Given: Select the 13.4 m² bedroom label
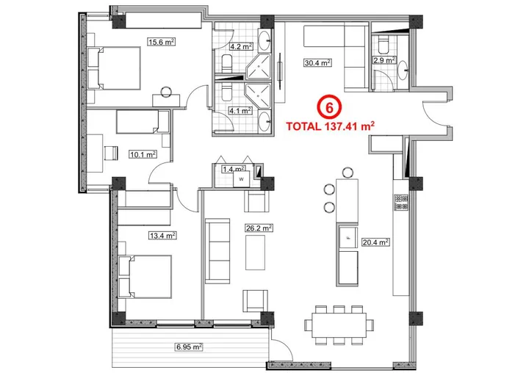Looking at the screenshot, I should (140, 236).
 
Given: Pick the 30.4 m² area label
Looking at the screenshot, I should (316, 62).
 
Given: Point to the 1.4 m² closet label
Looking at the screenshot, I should (232, 170).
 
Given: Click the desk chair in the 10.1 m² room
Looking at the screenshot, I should (110, 153).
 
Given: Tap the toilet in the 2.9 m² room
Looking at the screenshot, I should (403, 71).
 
